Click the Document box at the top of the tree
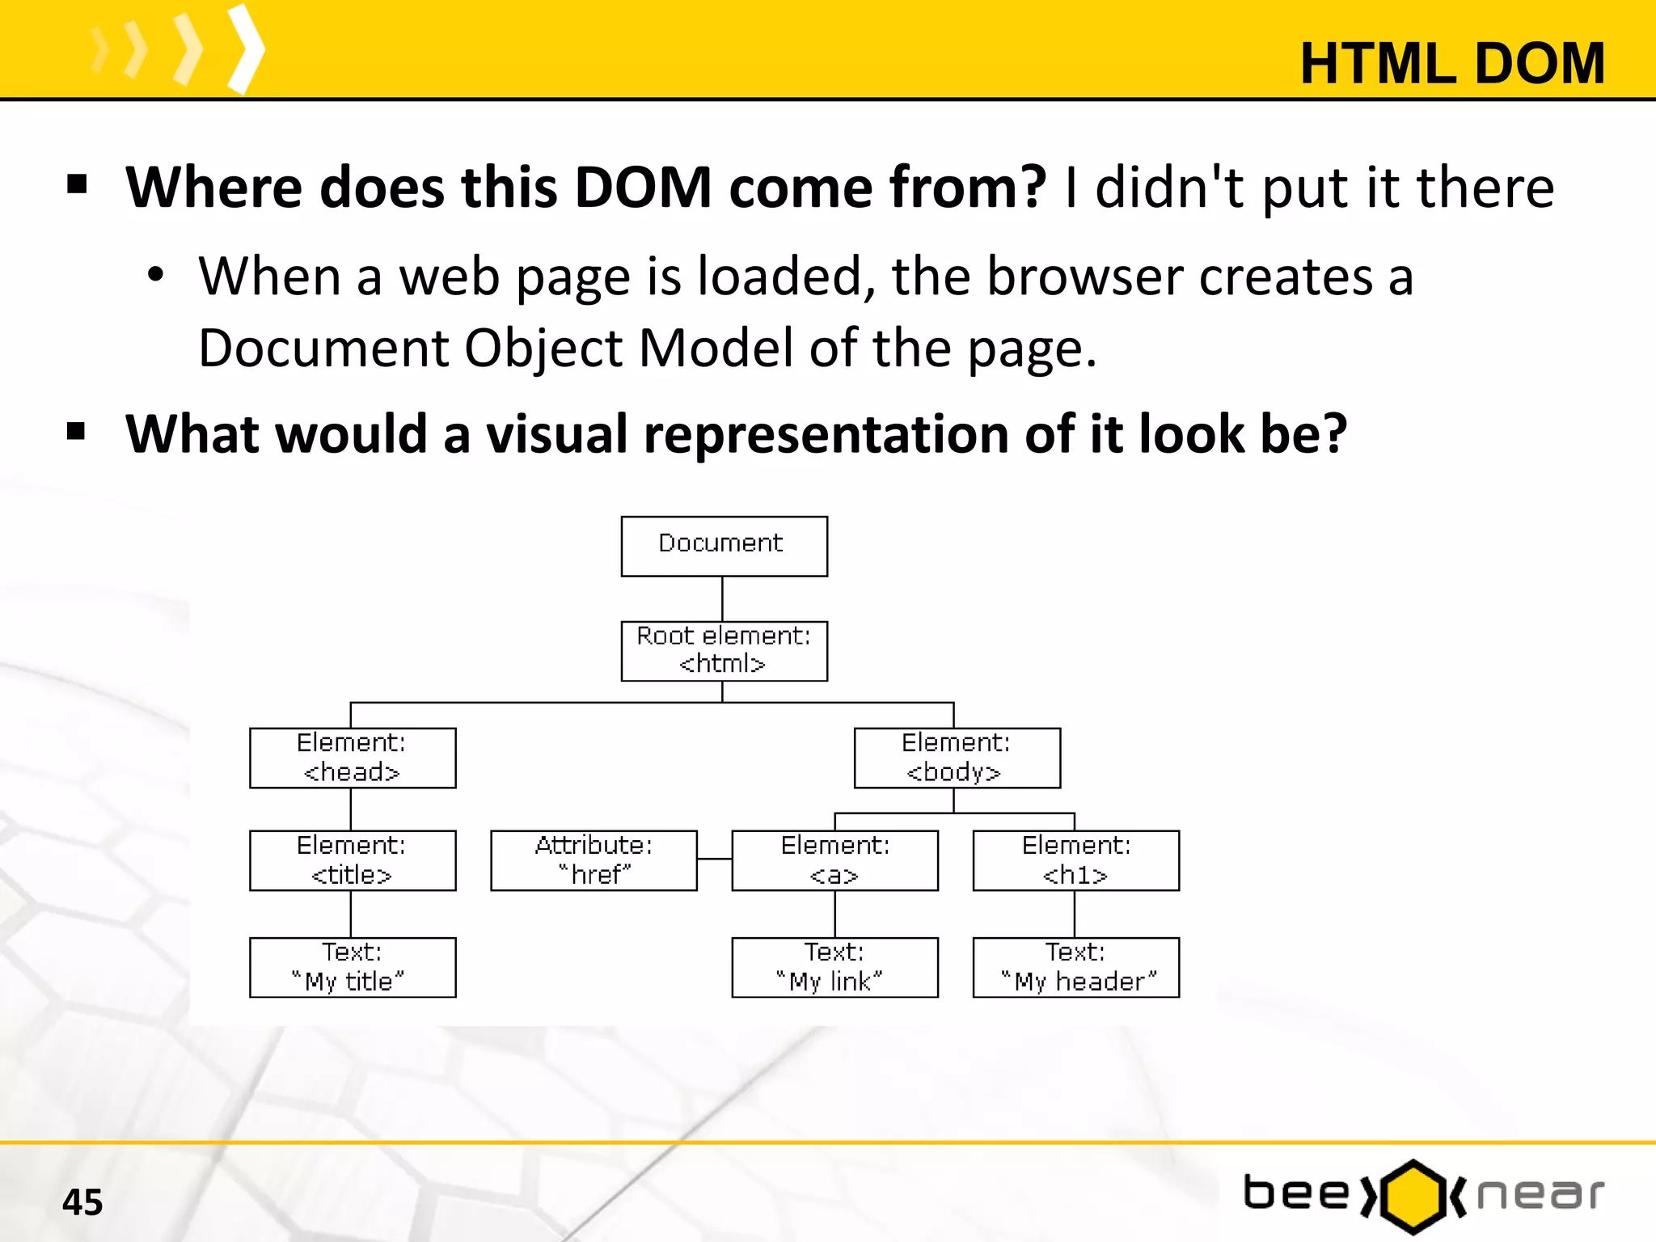[x=724, y=546]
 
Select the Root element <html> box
[x=724, y=651]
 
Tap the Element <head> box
[x=353, y=758]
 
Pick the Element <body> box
[x=957, y=758]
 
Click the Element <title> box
[x=353, y=860]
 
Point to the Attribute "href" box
[x=594, y=860]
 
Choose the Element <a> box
[x=834, y=860]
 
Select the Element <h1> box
[x=1075, y=860]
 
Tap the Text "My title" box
[x=353, y=967]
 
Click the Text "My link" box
[x=834, y=967]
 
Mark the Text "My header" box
[x=1075, y=967]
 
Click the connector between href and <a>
[x=714, y=859]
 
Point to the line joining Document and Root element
[x=722, y=598]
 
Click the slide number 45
[x=82, y=1202]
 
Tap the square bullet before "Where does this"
[x=77, y=184]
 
